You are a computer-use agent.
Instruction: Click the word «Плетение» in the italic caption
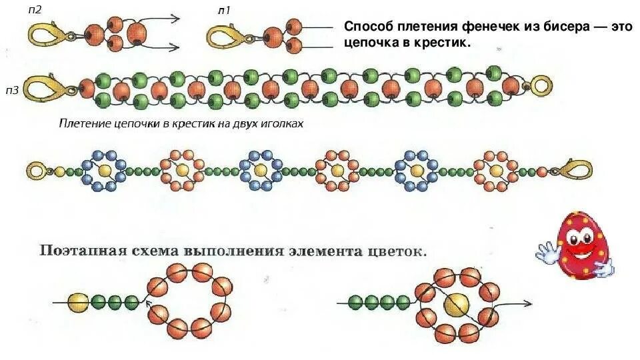(x=83, y=124)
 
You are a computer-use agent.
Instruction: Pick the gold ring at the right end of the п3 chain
(x=540, y=86)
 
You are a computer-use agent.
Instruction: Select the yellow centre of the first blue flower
(x=104, y=171)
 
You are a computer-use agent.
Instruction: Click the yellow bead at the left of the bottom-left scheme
(x=78, y=302)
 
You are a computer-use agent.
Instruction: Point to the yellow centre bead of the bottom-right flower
(x=457, y=304)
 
